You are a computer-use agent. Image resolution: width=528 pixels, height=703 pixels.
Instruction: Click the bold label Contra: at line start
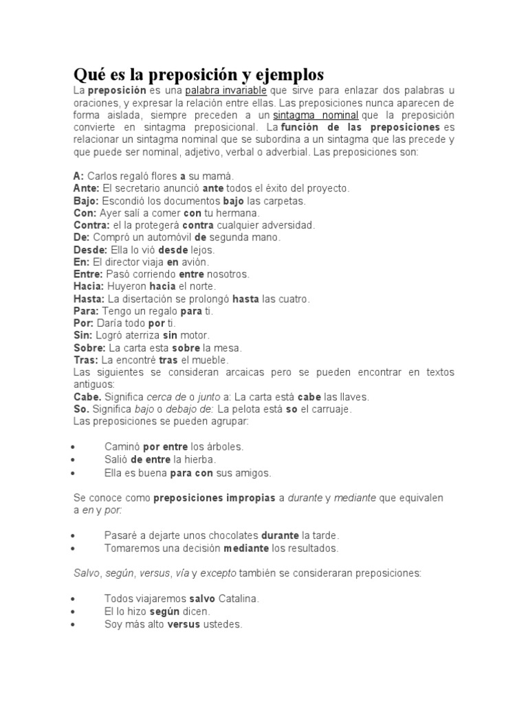[x=91, y=224]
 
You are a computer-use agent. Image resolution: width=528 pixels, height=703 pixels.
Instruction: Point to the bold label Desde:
[x=90, y=249]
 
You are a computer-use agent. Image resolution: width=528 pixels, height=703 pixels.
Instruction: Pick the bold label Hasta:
[x=89, y=299]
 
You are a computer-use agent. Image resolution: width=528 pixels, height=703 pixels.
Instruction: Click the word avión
[x=195, y=262]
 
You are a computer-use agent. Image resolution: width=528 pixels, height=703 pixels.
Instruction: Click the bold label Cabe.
[x=87, y=396]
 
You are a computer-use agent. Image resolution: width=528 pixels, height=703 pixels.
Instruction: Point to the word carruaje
[x=324, y=408]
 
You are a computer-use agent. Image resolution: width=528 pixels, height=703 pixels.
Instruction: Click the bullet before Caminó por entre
[x=73, y=447]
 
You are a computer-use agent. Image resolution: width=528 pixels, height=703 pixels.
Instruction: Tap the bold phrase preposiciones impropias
[x=213, y=497]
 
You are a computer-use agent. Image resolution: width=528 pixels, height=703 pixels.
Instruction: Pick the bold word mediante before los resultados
[x=246, y=548]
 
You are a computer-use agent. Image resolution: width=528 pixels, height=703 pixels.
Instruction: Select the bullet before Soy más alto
[x=73, y=625]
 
